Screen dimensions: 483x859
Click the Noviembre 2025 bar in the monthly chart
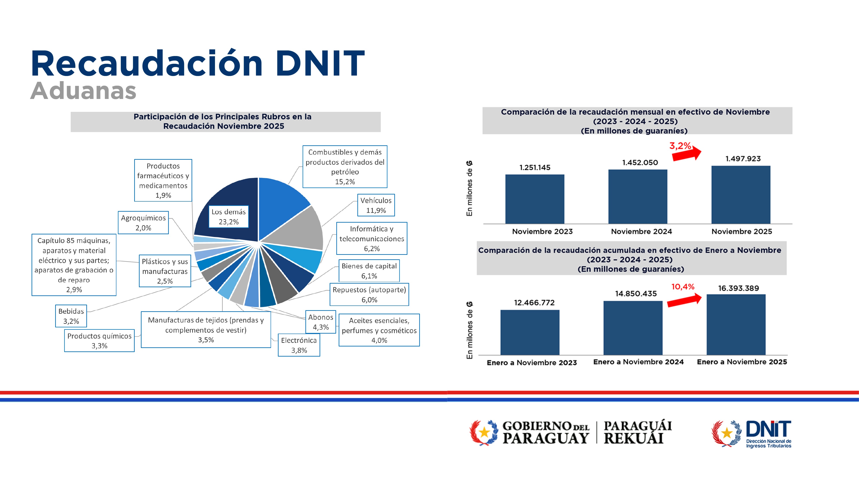(x=741, y=195)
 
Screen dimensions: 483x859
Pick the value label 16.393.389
(x=738, y=288)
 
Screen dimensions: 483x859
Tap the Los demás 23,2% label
(x=228, y=217)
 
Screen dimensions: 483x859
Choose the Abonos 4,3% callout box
(x=320, y=322)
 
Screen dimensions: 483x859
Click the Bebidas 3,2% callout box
(x=71, y=316)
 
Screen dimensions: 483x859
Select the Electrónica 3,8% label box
(x=299, y=345)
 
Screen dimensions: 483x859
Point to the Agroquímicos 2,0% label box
(x=143, y=223)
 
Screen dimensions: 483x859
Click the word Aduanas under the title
(x=83, y=91)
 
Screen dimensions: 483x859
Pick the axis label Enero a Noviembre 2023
(x=532, y=363)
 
